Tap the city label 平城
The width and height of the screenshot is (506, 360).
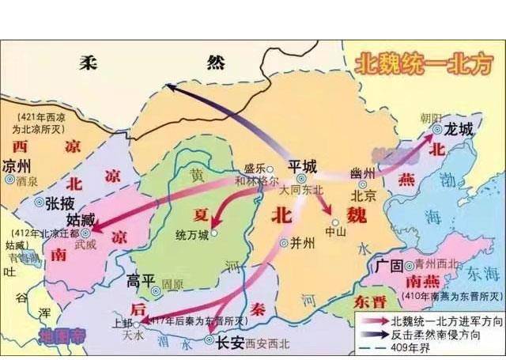point(302,165)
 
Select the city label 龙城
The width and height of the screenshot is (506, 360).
point(459,127)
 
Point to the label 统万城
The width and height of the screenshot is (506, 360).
point(192,235)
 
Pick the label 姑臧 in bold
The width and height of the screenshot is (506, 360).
point(82,218)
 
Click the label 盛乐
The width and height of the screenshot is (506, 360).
point(253,169)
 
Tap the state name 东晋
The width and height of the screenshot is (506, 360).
point(369,301)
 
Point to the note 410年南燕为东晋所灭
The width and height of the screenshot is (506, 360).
point(449,297)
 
